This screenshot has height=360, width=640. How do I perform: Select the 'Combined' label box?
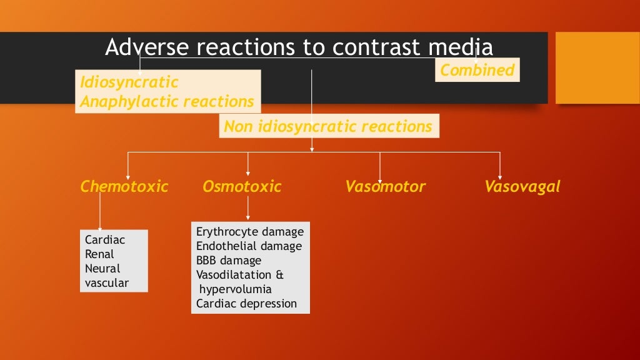[477, 70]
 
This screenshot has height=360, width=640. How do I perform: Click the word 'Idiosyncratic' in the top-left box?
[129, 82]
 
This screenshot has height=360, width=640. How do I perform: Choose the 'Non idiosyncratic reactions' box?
[328, 126]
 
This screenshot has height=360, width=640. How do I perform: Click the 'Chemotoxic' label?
[124, 186]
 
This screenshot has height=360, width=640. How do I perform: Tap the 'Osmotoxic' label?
[242, 186]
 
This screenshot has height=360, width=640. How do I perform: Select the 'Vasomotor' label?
[385, 186]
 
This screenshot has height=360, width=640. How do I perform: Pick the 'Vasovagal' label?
[522, 186]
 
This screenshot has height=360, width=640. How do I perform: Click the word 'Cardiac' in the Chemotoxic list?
[104, 240]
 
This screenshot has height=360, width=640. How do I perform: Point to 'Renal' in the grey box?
[99, 254]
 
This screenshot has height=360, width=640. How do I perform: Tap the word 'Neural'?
[102, 269]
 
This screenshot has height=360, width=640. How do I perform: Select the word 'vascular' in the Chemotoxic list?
[107, 283]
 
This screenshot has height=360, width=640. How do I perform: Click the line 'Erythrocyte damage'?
[250, 232]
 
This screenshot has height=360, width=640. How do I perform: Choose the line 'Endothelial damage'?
[249, 246]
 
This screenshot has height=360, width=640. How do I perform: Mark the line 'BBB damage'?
[229, 261]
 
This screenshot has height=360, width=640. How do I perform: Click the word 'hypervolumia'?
[236, 289]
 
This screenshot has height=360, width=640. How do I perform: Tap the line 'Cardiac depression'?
[246, 304]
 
